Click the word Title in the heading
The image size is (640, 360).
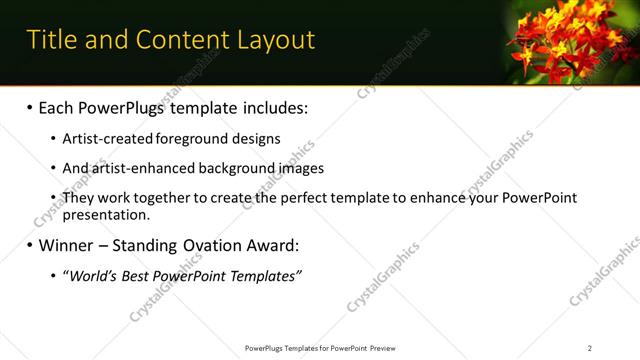[x=50, y=40]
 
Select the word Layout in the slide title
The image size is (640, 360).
[x=274, y=40]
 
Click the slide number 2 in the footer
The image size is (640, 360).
[x=590, y=348]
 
